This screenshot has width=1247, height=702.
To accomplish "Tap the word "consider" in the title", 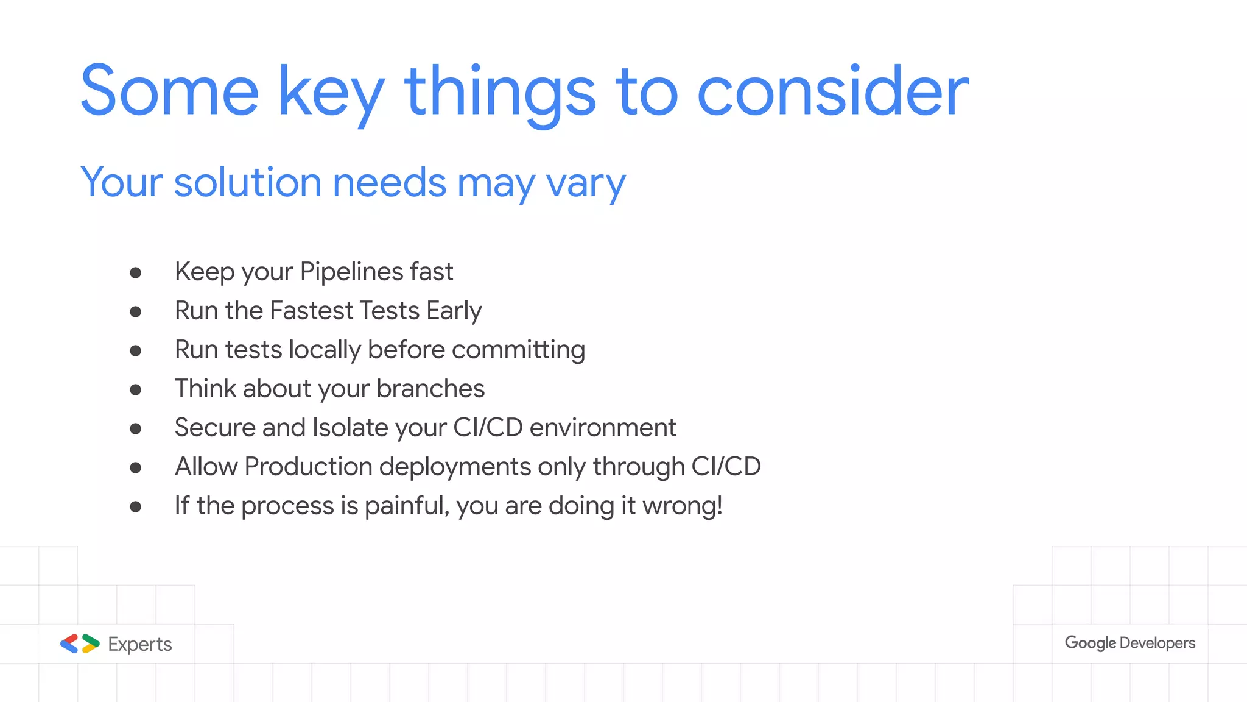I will tap(832, 91).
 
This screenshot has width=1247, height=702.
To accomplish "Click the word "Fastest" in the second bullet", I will tap(314, 311).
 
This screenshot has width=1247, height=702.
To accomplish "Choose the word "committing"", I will tap(518, 350).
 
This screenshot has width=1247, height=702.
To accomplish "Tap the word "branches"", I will tap(430, 389).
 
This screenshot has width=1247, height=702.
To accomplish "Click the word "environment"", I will tap(603, 428).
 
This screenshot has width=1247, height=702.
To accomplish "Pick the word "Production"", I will tap(308, 467).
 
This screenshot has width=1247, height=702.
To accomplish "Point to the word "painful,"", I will tap(407, 506).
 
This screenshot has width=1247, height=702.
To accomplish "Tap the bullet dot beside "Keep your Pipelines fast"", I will tap(136, 273).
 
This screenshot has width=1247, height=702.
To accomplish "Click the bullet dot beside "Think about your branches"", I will tap(136, 390).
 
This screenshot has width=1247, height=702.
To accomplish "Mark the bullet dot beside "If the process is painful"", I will tap(136, 507).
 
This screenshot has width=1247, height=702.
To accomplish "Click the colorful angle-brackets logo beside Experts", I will tap(80, 643).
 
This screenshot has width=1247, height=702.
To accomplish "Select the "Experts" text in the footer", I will tap(140, 644).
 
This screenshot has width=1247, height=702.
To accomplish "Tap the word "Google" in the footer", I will tap(1090, 643).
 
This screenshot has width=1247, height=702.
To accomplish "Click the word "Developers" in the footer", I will tap(1157, 643).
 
